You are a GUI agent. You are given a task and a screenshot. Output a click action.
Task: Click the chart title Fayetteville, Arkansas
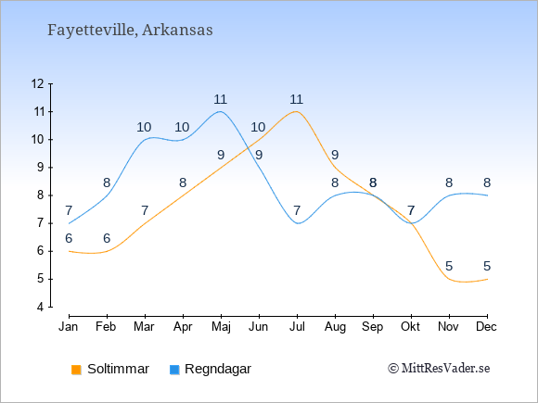(x=130, y=31)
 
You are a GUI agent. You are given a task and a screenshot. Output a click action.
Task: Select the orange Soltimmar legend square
(x=76, y=370)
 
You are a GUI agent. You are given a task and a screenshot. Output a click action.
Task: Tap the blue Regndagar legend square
(x=174, y=370)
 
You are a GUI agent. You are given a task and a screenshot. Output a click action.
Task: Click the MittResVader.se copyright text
(x=439, y=369)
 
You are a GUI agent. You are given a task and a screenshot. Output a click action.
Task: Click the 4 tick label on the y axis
(x=41, y=307)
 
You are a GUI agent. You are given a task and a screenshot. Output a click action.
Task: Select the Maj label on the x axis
(x=221, y=327)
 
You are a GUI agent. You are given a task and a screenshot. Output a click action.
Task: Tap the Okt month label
(x=410, y=327)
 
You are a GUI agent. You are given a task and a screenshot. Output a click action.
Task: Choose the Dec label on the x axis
(x=486, y=327)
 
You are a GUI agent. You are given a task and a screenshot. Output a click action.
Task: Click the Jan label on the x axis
(x=69, y=327)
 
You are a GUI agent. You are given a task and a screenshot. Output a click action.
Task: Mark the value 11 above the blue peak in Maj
(x=220, y=99)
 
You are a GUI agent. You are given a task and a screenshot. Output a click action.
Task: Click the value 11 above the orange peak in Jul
(x=297, y=99)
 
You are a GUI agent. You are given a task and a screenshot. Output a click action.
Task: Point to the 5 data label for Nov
(x=449, y=266)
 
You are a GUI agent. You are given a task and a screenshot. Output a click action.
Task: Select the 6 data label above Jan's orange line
(x=69, y=238)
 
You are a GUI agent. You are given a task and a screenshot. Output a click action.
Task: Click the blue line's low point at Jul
(x=298, y=223)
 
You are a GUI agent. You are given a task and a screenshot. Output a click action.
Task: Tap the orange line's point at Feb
(x=107, y=251)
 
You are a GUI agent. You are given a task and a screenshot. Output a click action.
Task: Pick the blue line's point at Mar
(x=145, y=140)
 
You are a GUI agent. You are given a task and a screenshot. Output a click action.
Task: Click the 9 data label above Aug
(x=335, y=155)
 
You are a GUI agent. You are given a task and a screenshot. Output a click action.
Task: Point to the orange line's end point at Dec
(x=487, y=279)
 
